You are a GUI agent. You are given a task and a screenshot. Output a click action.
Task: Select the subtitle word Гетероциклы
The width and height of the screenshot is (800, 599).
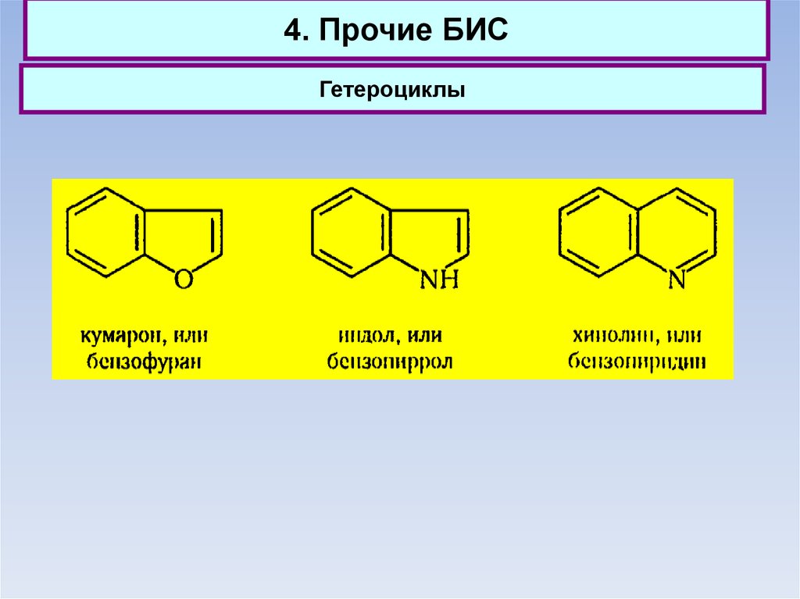click(x=392, y=91)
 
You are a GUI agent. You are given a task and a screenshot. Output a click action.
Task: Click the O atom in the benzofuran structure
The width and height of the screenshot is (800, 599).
click(x=183, y=280)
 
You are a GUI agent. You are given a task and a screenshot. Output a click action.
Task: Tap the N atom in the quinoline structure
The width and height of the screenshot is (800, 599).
click(x=677, y=280)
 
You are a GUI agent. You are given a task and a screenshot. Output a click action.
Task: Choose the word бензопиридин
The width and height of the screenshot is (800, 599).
click(x=637, y=362)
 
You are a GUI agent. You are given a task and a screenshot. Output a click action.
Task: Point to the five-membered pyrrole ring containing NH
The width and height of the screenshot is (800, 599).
click(x=433, y=237)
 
